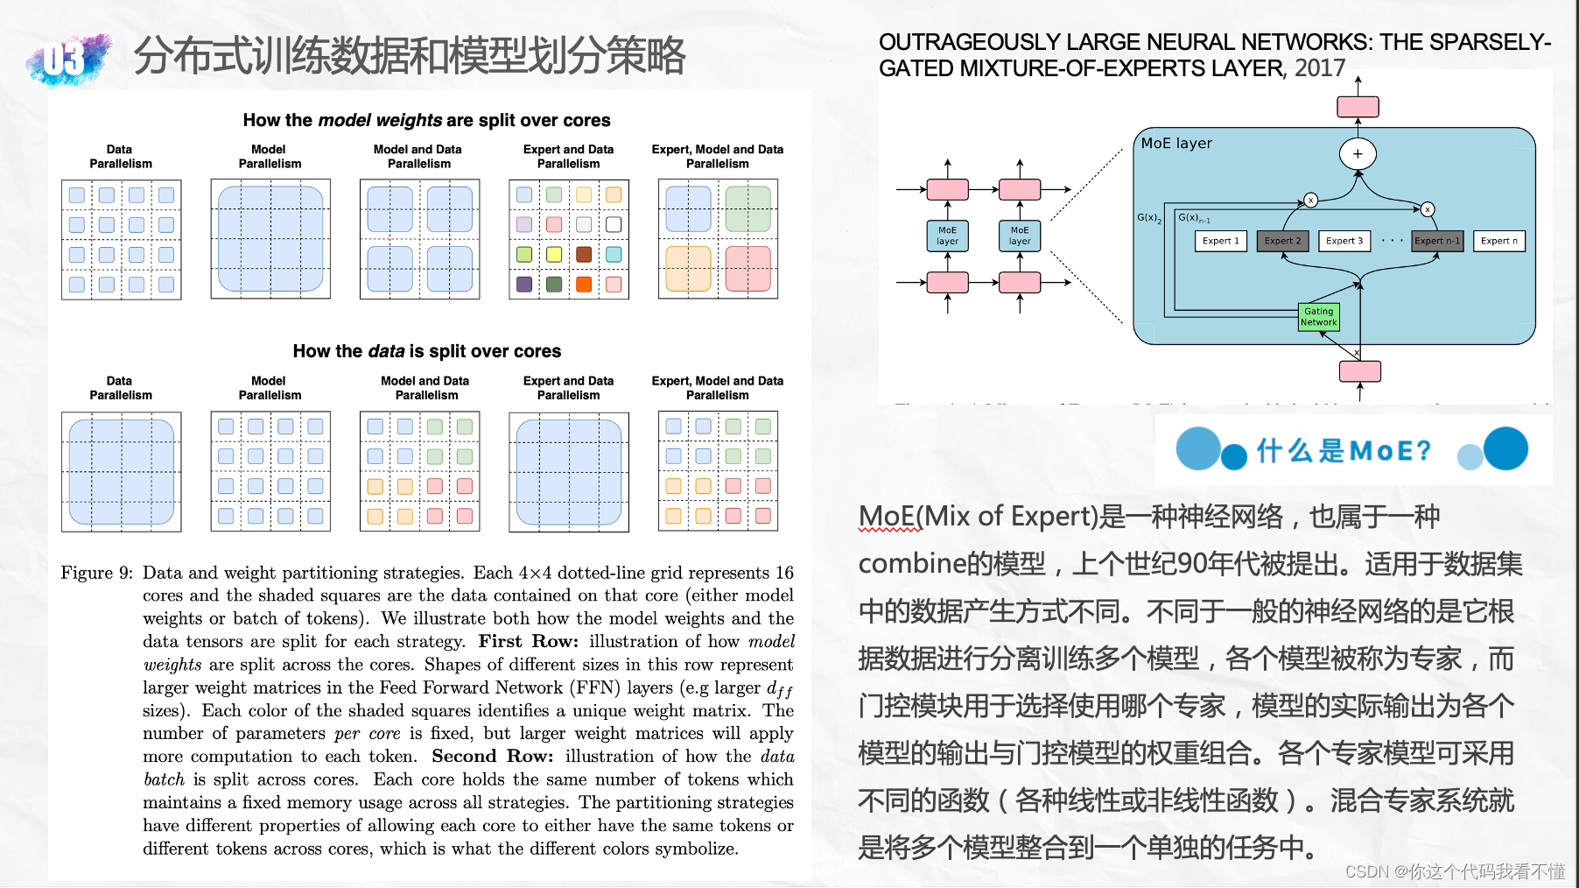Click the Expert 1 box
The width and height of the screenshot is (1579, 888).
coord(1220,241)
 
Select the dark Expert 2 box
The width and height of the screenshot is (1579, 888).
coord(1282,241)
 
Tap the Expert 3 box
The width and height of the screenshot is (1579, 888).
coord(1344,241)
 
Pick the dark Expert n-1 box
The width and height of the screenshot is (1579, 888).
coord(1437,241)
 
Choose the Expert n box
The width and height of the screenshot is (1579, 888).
coord(1498,241)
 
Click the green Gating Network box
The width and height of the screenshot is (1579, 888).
coord(1318,316)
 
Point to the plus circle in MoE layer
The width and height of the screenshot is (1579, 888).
coord(1358,154)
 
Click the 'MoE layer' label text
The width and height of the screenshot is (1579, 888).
coord(1176,144)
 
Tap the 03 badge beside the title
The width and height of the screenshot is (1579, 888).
coord(67,60)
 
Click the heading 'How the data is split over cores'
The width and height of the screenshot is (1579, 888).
coord(426,351)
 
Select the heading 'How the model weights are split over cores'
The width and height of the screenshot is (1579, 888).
coord(426,120)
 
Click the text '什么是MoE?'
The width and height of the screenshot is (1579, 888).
coord(1344,450)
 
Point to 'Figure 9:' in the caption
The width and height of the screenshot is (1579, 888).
coord(96,573)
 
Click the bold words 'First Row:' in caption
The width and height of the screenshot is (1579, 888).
coord(528,641)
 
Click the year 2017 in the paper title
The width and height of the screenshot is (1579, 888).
coord(1320,68)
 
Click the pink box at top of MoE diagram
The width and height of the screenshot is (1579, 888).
coord(1358,107)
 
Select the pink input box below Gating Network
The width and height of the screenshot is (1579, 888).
coord(1359,371)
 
